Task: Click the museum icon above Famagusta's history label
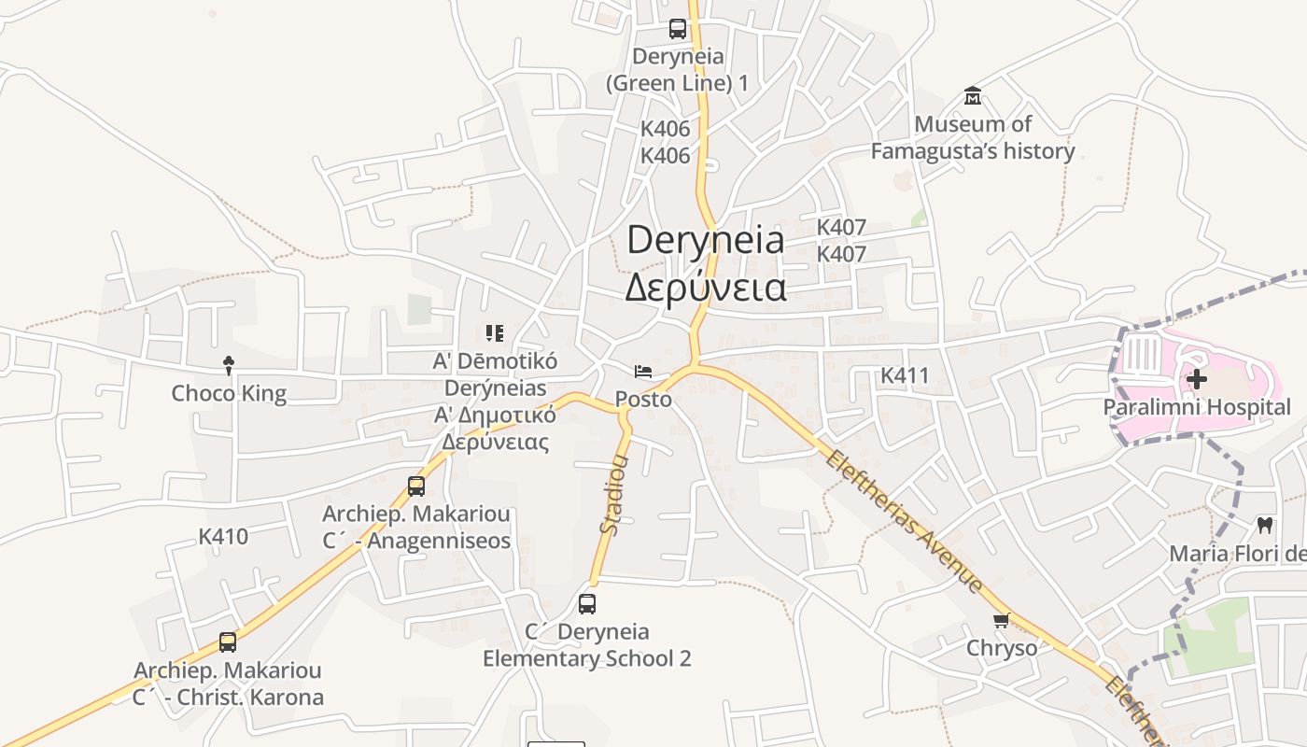click(973, 96)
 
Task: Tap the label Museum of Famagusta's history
click(973, 137)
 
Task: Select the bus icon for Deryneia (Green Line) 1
click(678, 29)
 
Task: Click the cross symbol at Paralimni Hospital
click(1197, 379)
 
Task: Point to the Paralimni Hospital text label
click(1197, 407)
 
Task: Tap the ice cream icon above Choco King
click(229, 365)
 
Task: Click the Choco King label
click(229, 393)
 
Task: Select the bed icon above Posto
click(643, 372)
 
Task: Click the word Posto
click(643, 399)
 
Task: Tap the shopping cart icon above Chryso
click(1002, 621)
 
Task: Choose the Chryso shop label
click(1002, 648)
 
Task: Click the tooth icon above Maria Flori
click(1266, 526)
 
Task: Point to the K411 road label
click(905, 375)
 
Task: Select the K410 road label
click(223, 536)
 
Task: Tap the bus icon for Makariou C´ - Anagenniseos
click(416, 486)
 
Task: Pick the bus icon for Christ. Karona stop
click(228, 642)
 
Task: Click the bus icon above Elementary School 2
click(587, 604)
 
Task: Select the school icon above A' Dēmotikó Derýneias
click(495, 332)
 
